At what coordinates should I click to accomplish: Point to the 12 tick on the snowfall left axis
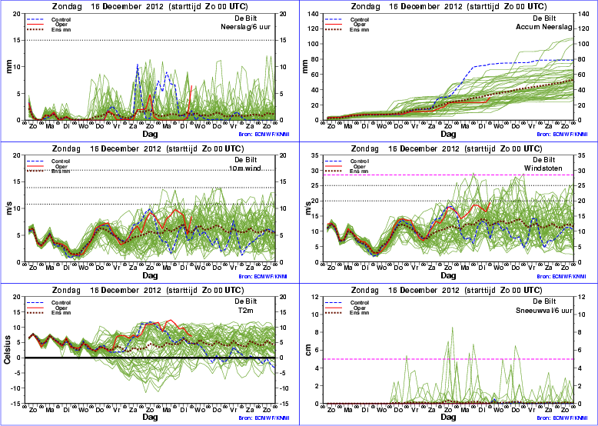click(x=317, y=298)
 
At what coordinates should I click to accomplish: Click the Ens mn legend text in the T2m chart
click(x=60, y=314)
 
